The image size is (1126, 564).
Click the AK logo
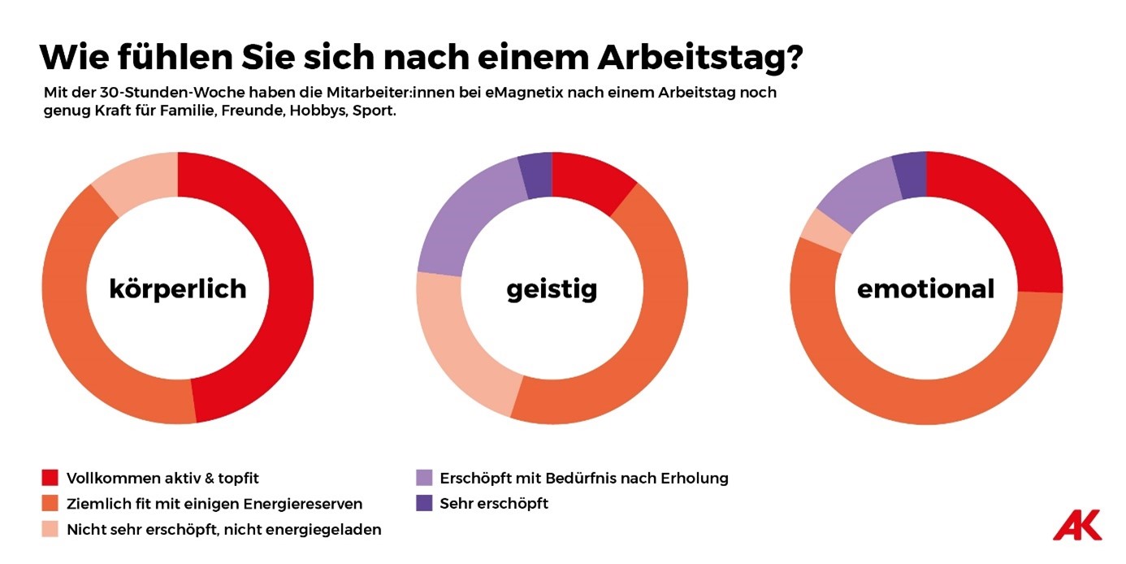[x=1077, y=525]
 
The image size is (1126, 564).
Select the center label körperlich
[x=178, y=288]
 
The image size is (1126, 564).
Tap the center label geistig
[x=552, y=288]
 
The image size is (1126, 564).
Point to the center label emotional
[x=925, y=288]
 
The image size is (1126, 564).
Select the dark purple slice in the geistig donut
[x=537, y=174]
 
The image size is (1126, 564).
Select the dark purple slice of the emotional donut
[x=911, y=174]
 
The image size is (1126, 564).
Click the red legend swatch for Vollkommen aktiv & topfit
[x=50, y=478]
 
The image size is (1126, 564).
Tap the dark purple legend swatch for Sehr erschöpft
[x=423, y=504]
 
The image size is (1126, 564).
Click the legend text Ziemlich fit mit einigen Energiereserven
[x=214, y=504]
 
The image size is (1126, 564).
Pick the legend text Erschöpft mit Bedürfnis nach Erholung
[x=583, y=478]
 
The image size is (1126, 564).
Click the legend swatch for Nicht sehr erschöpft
[x=50, y=530]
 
